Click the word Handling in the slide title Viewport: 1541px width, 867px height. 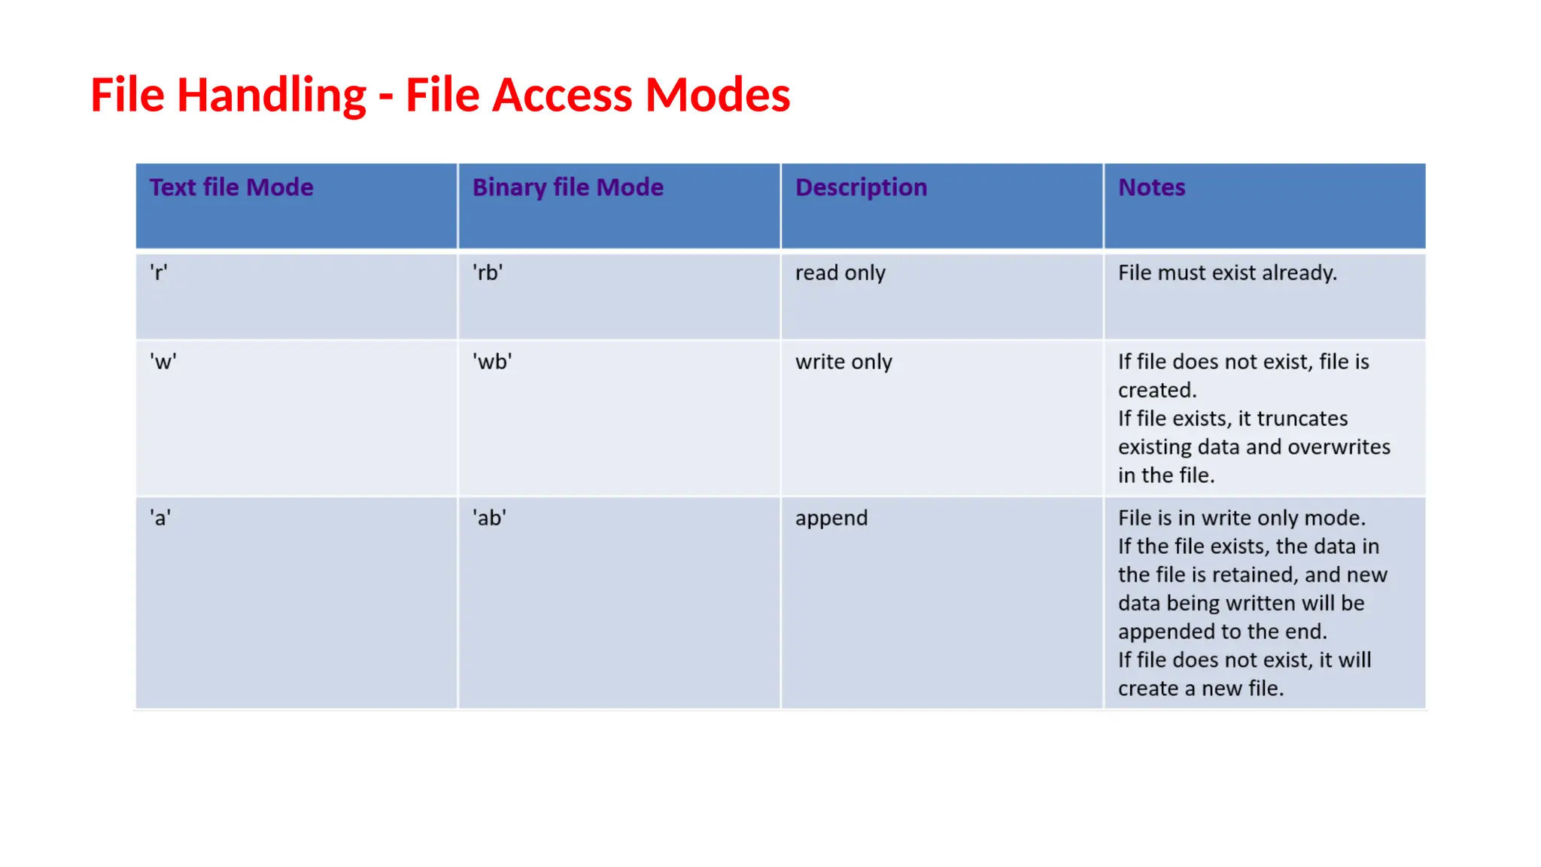(x=271, y=96)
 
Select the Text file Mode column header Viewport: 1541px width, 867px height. (x=231, y=187)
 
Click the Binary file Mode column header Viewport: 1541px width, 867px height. (x=567, y=187)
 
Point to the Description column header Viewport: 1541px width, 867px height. (x=861, y=187)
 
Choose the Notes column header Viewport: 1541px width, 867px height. (x=1151, y=187)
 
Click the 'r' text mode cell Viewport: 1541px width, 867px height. (x=158, y=272)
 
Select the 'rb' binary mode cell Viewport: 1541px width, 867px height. (x=488, y=272)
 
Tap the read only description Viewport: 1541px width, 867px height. (x=840, y=272)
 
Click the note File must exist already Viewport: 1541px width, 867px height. (x=1227, y=272)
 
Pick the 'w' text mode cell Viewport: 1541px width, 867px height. (x=163, y=362)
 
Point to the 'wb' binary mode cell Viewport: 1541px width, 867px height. (x=492, y=362)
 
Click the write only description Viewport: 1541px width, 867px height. (x=843, y=362)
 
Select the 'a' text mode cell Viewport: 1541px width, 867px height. (x=160, y=518)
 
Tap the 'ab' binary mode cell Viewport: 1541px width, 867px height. (x=489, y=518)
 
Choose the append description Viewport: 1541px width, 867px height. (x=831, y=518)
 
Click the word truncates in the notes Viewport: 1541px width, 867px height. (x=1302, y=418)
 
